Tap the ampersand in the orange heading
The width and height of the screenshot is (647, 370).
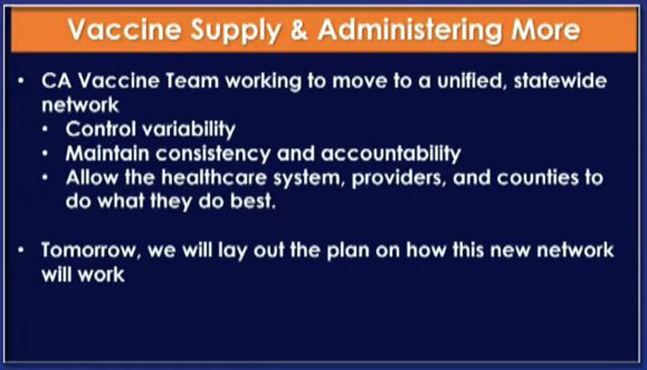pos(299,30)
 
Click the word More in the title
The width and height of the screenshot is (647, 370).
pos(545,30)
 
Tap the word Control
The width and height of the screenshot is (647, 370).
pos(100,129)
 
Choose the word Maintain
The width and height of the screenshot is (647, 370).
pos(107,154)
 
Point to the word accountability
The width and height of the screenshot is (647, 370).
pos(391,154)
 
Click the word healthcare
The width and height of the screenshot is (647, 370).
pos(214,178)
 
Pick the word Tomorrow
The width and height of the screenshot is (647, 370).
pos(92,251)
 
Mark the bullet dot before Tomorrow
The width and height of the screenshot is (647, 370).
pos(21,251)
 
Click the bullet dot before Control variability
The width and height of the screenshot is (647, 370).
pos(45,129)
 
